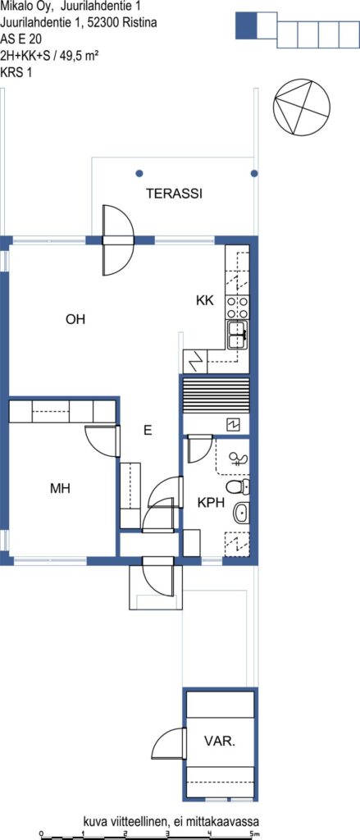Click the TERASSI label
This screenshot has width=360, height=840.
174,194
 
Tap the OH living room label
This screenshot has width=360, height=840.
75,320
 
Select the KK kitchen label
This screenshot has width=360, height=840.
205,300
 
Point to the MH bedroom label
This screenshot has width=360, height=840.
60,489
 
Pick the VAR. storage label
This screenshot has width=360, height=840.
220,742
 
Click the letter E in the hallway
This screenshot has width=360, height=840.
148,430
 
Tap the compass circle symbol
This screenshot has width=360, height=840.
302,107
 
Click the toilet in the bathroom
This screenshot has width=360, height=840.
237,487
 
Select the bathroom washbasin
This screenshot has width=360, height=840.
241,514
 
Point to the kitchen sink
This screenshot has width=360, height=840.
238,336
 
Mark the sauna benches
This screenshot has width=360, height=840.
216,396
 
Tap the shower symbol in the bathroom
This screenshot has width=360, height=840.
237,458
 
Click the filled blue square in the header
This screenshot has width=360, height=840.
247,25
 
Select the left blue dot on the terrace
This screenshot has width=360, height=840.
139,174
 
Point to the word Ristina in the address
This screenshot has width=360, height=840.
139,22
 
